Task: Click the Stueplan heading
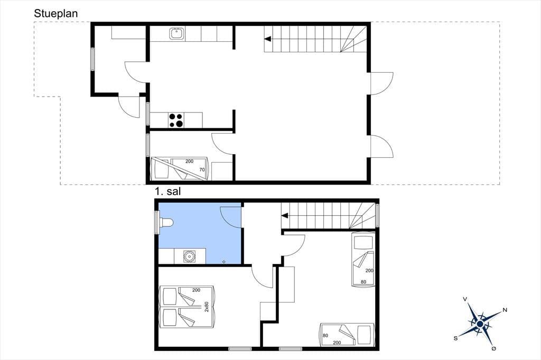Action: (56, 13)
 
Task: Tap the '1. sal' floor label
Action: (167, 192)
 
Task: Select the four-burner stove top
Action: (176, 120)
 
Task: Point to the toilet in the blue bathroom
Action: (166, 223)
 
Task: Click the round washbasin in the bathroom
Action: (190, 256)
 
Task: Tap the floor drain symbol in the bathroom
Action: (224, 262)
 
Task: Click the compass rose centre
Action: (480, 324)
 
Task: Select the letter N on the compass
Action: (505, 310)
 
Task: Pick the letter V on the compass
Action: (465, 299)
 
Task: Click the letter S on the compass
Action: (455, 338)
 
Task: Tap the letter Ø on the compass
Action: (494, 349)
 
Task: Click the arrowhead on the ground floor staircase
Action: (267, 39)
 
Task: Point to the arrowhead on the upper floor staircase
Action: (285, 216)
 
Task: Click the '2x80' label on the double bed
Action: (207, 307)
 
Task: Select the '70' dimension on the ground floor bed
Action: (202, 169)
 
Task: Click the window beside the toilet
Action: (156, 222)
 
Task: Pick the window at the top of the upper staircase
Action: (377, 215)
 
